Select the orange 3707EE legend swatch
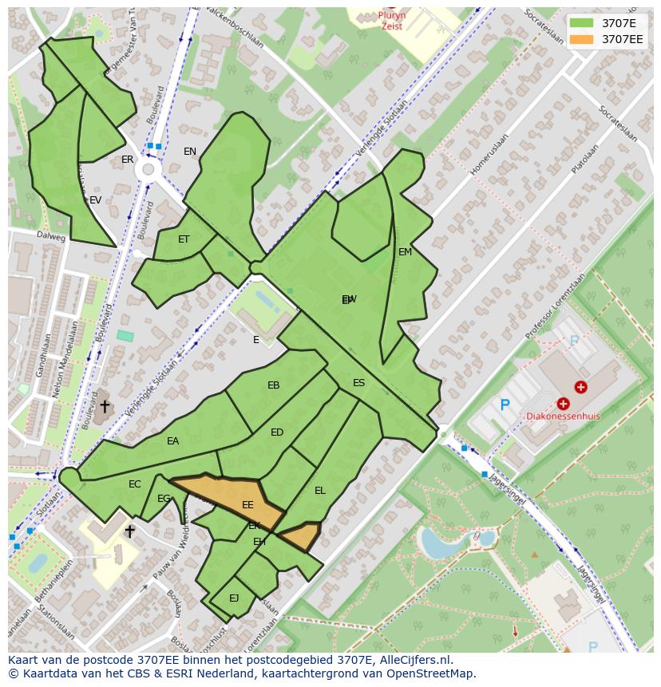click(x=581, y=39)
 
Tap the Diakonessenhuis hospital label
click(x=562, y=416)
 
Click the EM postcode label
click(x=405, y=252)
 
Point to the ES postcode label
click(x=358, y=383)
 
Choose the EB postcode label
click(x=274, y=385)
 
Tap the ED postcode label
click(x=277, y=432)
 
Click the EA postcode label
click(x=173, y=441)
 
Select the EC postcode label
click(x=135, y=484)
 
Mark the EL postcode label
click(x=320, y=491)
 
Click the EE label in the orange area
click(x=247, y=505)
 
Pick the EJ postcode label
click(x=234, y=598)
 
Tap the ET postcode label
click(x=184, y=239)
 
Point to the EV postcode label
click(x=96, y=200)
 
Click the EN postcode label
click(x=190, y=152)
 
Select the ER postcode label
click(x=128, y=160)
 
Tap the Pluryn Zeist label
click(x=392, y=20)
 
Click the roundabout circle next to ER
click(x=147, y=169)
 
